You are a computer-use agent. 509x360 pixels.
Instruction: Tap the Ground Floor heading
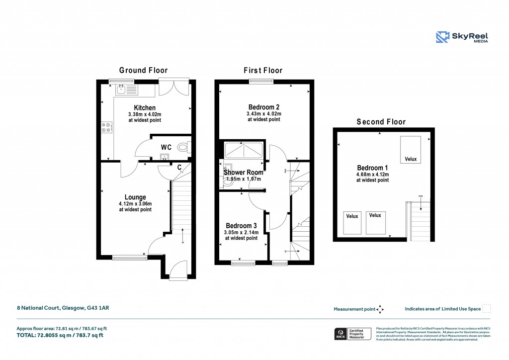coord(143,71)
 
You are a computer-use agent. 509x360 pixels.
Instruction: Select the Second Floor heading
coord(381,122)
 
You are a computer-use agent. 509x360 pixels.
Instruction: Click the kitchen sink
coord(121,90)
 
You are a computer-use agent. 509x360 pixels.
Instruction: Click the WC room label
coord(166,148)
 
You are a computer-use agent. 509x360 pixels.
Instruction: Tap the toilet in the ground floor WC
coord(184,147)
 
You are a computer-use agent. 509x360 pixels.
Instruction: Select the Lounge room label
coord(135,197)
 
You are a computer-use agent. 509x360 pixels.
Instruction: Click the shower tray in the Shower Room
coord(245,150)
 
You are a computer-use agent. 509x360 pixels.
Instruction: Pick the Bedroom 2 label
coord(264,107)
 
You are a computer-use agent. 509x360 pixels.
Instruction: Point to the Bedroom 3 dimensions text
coord(241,235)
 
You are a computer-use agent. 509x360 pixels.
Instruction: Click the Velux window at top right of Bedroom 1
coord(411,149)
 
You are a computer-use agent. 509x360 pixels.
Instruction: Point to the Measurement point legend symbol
coord(380,309)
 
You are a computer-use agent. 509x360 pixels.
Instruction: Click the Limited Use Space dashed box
coord(487,308)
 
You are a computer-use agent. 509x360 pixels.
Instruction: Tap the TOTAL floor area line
coord(60,335)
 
